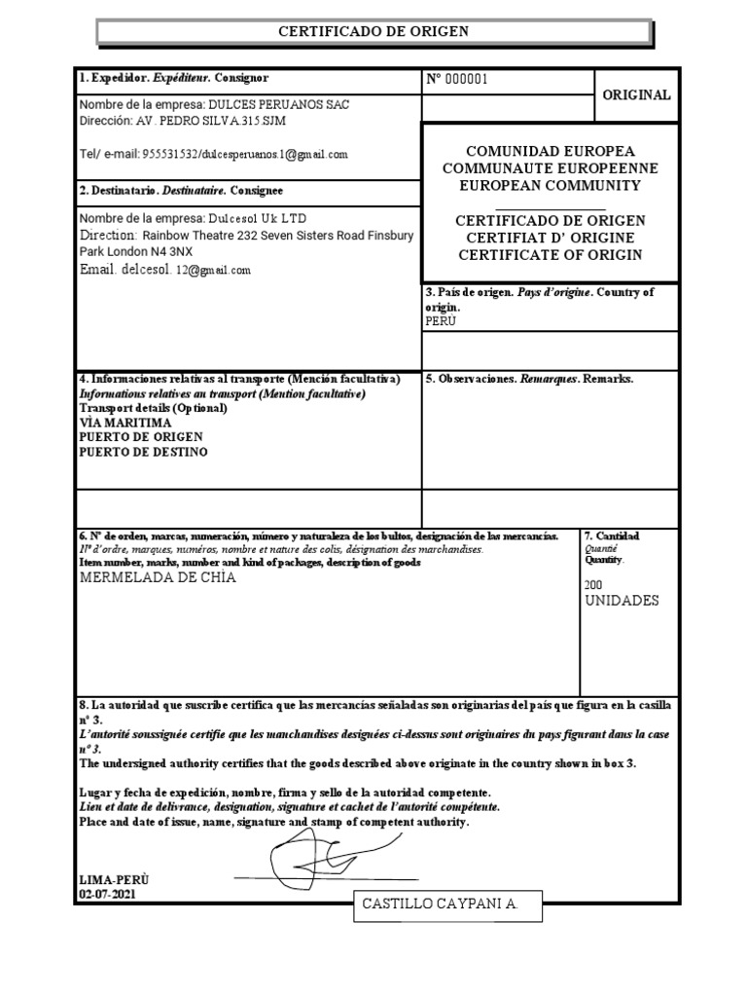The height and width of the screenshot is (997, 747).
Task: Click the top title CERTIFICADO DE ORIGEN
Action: pos(373,32)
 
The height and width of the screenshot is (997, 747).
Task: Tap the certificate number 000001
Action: pos(465,79)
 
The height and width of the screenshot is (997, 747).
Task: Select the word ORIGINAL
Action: pos(636,95)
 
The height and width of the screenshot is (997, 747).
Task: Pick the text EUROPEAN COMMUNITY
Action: pos(551,185)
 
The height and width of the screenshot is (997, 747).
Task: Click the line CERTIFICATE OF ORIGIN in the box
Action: pos(551,255)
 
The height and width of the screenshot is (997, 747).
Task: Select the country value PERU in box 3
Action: pos(441,320)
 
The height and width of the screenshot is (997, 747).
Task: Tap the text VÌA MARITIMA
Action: pos(125,424)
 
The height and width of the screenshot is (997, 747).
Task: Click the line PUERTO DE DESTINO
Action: pos(143,452)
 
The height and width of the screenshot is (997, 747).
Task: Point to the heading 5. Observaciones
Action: pos(472,379)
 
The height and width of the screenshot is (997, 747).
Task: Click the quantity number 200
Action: pos(593,584)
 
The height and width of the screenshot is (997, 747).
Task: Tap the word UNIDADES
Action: pos(622,601)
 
